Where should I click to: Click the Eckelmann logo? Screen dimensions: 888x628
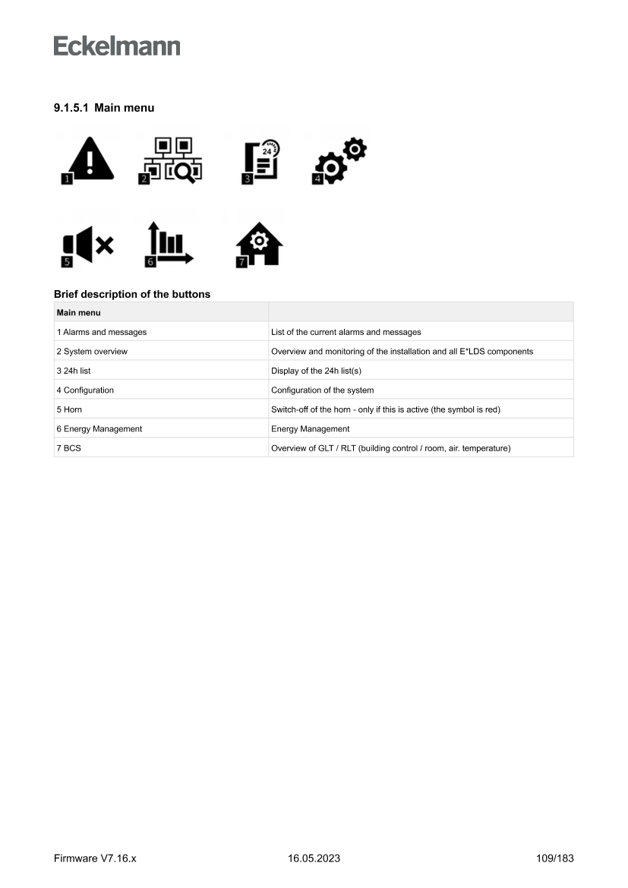tap(117, 46)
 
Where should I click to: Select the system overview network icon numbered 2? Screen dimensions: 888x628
tap(172, 160)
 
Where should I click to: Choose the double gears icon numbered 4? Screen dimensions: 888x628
tap(340, 160)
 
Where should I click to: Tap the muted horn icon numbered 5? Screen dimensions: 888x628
tap(88, 245)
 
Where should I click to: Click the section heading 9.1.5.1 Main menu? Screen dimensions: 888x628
tap(104, 108)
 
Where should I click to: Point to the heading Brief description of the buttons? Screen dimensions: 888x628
tap(132, 294)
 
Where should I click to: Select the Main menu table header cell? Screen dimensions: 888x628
tap(79, 312)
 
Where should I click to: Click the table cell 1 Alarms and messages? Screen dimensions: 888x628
tap(102, 332)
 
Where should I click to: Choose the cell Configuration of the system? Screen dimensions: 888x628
tap(323, 390)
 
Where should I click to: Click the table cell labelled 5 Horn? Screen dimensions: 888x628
tap(69, 409)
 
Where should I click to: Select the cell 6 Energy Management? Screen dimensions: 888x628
tap(99, 429)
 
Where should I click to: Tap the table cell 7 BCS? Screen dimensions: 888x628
tap(68, 448)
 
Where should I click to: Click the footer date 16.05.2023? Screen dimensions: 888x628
tap(314, 858)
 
